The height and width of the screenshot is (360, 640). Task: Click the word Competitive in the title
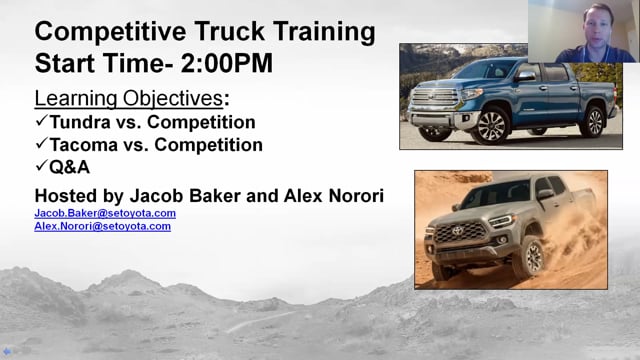(x=110, y=32)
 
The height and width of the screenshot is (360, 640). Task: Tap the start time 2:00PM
(x=227, y=63)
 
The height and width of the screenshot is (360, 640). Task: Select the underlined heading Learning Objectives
(x=129, y=98)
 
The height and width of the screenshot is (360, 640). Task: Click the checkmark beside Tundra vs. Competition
(x=42, y=120)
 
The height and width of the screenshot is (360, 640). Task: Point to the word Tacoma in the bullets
(x=84, y=145)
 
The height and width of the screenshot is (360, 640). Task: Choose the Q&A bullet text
(x=69, y=167)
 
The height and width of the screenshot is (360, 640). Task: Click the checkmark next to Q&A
(x=42, y=165)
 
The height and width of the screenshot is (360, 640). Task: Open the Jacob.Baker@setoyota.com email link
(x=105, y=213)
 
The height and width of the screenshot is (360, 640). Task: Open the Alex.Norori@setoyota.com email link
(x=102, y=226)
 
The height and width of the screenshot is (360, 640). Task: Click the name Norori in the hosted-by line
(x=356, y=196)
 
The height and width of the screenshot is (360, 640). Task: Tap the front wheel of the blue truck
(x=491, y=126)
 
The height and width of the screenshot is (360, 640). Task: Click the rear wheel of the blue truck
(x=593, y=122)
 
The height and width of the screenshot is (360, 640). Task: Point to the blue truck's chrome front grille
(x=435, y=97)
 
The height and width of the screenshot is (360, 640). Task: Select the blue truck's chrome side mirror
(x=525, y=76)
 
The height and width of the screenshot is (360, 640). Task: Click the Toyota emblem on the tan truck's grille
(x=457, y=231)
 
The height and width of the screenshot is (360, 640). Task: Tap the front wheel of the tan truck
(x=529, y=258)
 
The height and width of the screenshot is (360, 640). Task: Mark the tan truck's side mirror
(x=546, y=195)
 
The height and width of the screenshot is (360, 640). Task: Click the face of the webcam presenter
(x=598, y=26)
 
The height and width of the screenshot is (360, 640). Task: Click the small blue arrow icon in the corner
(x=7, y=351)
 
